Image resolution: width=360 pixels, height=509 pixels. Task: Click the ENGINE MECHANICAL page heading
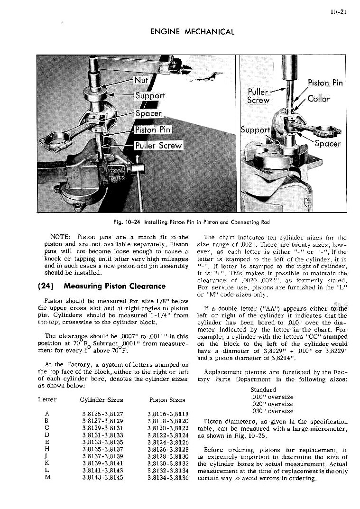(192, 32)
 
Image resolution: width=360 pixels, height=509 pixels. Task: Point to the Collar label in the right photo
(319, 99)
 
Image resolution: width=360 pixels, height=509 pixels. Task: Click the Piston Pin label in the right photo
(325, 83)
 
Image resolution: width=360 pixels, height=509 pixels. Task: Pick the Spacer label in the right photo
(328, 143)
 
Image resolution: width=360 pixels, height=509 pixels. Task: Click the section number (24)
(27, 286)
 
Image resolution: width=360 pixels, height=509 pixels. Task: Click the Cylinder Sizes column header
(102, 400)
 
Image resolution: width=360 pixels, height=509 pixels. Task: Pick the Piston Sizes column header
(167, 400)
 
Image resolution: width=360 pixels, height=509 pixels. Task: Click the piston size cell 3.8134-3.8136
(168, 478)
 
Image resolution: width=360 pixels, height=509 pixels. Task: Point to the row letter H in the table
(46, 449)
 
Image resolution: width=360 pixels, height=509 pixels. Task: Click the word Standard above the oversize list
(263, 390)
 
